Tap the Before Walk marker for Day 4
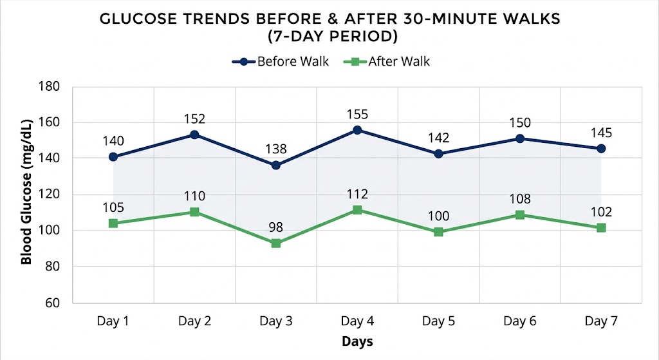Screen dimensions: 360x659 click(357, 130)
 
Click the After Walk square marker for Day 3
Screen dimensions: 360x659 click(276, 243)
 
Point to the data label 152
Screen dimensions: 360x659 click(194, 118)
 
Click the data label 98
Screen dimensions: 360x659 click(276, 227)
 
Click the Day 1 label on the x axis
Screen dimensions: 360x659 click(113, 321)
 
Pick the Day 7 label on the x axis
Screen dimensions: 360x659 click(600, 321)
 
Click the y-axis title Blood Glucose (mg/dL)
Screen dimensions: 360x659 click(26, 194)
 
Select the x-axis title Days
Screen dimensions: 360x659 click(357, 341)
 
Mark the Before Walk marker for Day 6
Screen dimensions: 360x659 click(520, 138)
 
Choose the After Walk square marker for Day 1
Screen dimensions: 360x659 click(113, 223)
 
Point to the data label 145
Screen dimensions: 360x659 click(600, 132)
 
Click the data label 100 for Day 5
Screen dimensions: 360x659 click(438, 216)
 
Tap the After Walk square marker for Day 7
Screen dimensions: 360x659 click(601, 228)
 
